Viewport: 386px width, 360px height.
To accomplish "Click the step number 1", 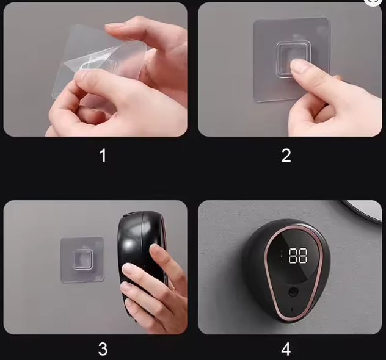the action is click(x=103, y=155).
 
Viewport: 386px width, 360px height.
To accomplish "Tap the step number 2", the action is click(x=286, y=155).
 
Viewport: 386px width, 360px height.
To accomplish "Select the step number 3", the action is click(x=103, y=348).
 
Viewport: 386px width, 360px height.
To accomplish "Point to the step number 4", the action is click(x=286, y=348).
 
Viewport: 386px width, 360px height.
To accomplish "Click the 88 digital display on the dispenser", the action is click(x=298, y=256).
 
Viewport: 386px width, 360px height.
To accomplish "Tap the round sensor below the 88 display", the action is click(x=293, y=292).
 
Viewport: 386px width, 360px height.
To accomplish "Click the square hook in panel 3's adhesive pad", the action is click(x=83, y=259).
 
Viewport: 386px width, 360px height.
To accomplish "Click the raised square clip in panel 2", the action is click(x=293, y=59).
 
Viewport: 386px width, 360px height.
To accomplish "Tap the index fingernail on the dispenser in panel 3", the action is click(x=157, y=250).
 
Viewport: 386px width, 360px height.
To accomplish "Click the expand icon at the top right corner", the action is click(x=373, y=1).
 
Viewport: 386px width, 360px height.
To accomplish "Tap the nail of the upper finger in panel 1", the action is click(x=115, y=26).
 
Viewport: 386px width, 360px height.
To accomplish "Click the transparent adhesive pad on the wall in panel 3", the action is click(x=82, y=260).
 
